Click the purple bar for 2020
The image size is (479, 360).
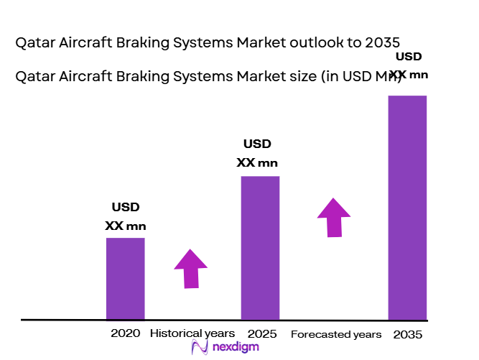coord(125,278)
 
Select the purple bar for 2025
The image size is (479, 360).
coord(260,247)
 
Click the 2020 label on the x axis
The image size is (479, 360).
coord(125,334)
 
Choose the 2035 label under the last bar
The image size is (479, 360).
coord(408,335)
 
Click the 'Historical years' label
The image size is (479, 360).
coord(192,334)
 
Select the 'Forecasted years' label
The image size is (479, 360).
coord(336,335)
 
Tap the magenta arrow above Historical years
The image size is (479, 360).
coord(190,269)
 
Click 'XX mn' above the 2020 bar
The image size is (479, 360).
coord(125,225)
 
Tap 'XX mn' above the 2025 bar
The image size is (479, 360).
coord(257,163)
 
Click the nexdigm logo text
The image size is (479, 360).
coord(236,347)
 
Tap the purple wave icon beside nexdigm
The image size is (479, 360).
coord(200,348)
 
